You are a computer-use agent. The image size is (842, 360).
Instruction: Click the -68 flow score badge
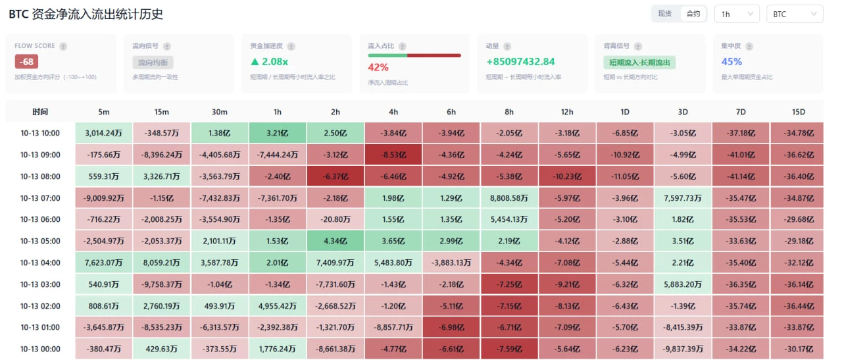[x=26, y=62]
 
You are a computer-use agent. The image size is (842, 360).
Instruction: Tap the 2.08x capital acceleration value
[x=270, y=62]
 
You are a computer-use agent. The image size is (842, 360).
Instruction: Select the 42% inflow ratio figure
[x=378, y=67]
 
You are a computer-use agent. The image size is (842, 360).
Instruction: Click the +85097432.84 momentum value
[x=520, y=62]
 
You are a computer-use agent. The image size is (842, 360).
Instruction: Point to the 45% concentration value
[x=731, y=62]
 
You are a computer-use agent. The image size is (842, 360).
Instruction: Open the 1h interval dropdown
[x=737, y=14]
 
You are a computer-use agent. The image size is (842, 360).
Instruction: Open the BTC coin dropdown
[x=795, y=14]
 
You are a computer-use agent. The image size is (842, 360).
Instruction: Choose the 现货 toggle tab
[x=665, y=14]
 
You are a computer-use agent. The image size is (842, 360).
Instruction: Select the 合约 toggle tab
[x=693, y=14]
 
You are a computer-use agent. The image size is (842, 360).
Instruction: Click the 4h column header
[x=393, y=112]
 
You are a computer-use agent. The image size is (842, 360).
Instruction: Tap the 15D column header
[x=799, y=112]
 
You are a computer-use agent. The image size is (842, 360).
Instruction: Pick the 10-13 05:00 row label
[x=40, y=241]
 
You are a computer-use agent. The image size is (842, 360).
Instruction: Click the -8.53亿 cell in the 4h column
[x=393, y=155]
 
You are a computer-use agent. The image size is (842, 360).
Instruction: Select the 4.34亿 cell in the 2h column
[x=335, y=241]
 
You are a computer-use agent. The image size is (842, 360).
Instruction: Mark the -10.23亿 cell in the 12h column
[x=567, y=176]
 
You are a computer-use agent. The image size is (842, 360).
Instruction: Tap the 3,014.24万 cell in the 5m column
[x=104, y=133]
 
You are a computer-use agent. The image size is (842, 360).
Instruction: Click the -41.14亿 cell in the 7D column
[x=741, y=176]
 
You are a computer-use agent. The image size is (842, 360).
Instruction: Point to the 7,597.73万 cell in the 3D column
[x=683, y=198]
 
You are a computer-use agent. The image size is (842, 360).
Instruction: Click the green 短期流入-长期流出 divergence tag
[x=639, y=63]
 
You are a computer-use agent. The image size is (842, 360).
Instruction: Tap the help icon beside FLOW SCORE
[x=63, y=46]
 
